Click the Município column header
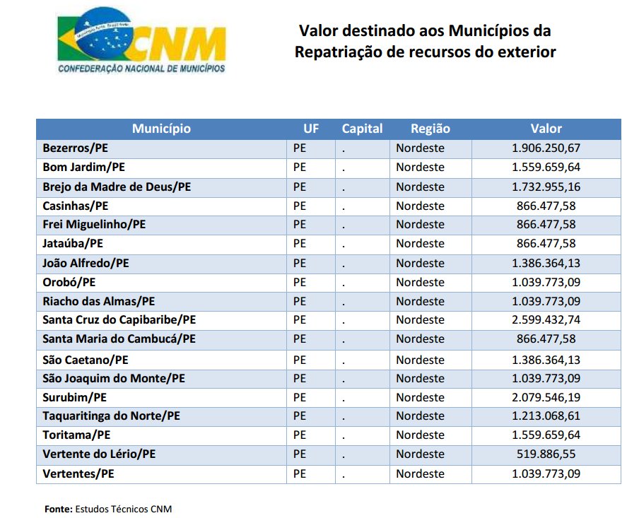pos(161,129)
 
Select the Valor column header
pos(546,129)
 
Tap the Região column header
pos(430,129)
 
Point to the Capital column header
pos(363,129)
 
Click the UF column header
pos(311,129)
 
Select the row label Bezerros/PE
pos(76,148)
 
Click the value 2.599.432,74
pos(546,319)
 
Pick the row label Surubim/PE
pos(75,397)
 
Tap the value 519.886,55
pos(546,454)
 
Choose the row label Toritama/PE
pos(76,435)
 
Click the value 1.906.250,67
pos(546,148)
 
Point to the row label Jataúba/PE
pos(73,243)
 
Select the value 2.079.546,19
pos(546,397)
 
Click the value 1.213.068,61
pos(546,416)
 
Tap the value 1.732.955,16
pos(546,187)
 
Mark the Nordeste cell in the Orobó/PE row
pos(420,282)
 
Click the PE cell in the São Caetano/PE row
pos(300,360)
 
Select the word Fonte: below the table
pos(59,509)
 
